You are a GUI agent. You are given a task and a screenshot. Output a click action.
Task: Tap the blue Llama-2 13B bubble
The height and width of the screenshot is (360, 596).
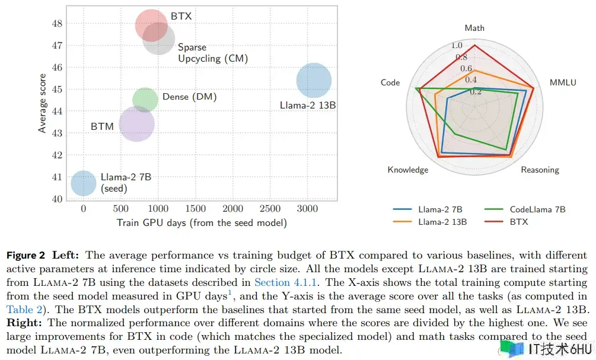point(314,81)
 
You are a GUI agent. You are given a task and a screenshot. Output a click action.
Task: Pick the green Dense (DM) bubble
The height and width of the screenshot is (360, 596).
point(145,100)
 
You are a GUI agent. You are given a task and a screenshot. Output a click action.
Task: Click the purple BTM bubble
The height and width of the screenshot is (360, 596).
point(137,124)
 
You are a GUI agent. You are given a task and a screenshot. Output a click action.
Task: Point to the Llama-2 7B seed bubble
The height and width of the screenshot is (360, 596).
point(84,183)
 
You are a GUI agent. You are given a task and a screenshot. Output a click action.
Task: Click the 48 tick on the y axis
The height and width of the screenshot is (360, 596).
point(57,24)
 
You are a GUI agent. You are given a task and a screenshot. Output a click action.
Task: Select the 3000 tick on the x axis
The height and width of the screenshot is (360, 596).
point(307,209)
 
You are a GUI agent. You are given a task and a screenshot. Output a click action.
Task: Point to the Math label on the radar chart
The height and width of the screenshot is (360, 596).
point(474,28)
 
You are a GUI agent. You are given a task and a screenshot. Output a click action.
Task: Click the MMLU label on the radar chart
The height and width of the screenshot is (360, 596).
point(563,83)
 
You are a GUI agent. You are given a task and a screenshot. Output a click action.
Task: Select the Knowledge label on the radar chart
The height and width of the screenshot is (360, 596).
point(407,170)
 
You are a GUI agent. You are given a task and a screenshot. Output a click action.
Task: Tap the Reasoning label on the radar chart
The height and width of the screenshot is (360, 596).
point(540,170)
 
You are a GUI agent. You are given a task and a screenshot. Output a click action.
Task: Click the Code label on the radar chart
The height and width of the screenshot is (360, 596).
point(390,83)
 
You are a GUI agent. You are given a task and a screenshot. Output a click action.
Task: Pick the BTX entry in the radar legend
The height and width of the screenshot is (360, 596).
point(518,222)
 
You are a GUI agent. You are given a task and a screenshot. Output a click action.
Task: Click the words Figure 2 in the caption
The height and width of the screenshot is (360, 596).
point(26,256)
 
